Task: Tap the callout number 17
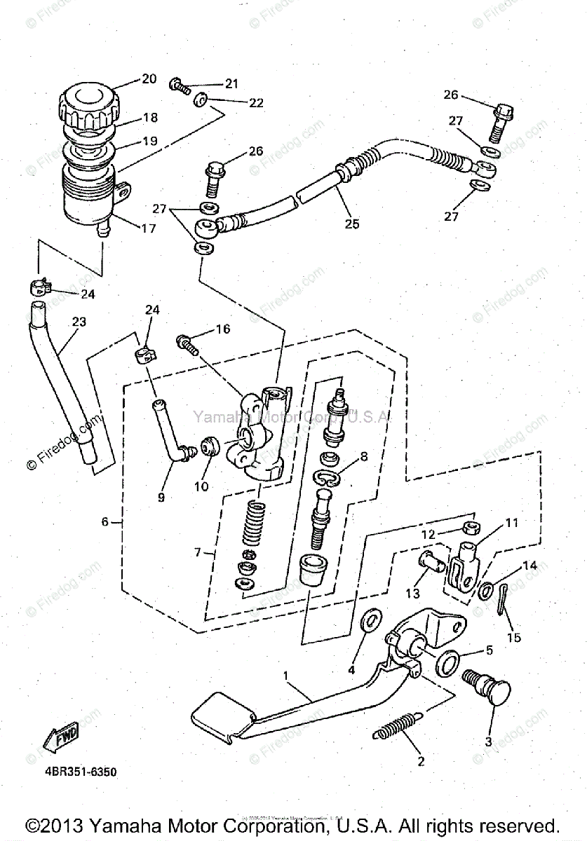(148, 228)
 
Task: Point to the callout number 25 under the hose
(351, 224)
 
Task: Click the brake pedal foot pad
(222, 711)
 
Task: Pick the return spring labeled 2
(398, 725)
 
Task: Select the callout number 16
(222, 329)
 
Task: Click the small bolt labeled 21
(180, 87)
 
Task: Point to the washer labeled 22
(201, 101)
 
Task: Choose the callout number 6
(105, 522)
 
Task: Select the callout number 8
(363, 457)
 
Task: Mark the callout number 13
(412, 594)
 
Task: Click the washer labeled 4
(370, 621)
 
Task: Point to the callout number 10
(202, 486)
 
